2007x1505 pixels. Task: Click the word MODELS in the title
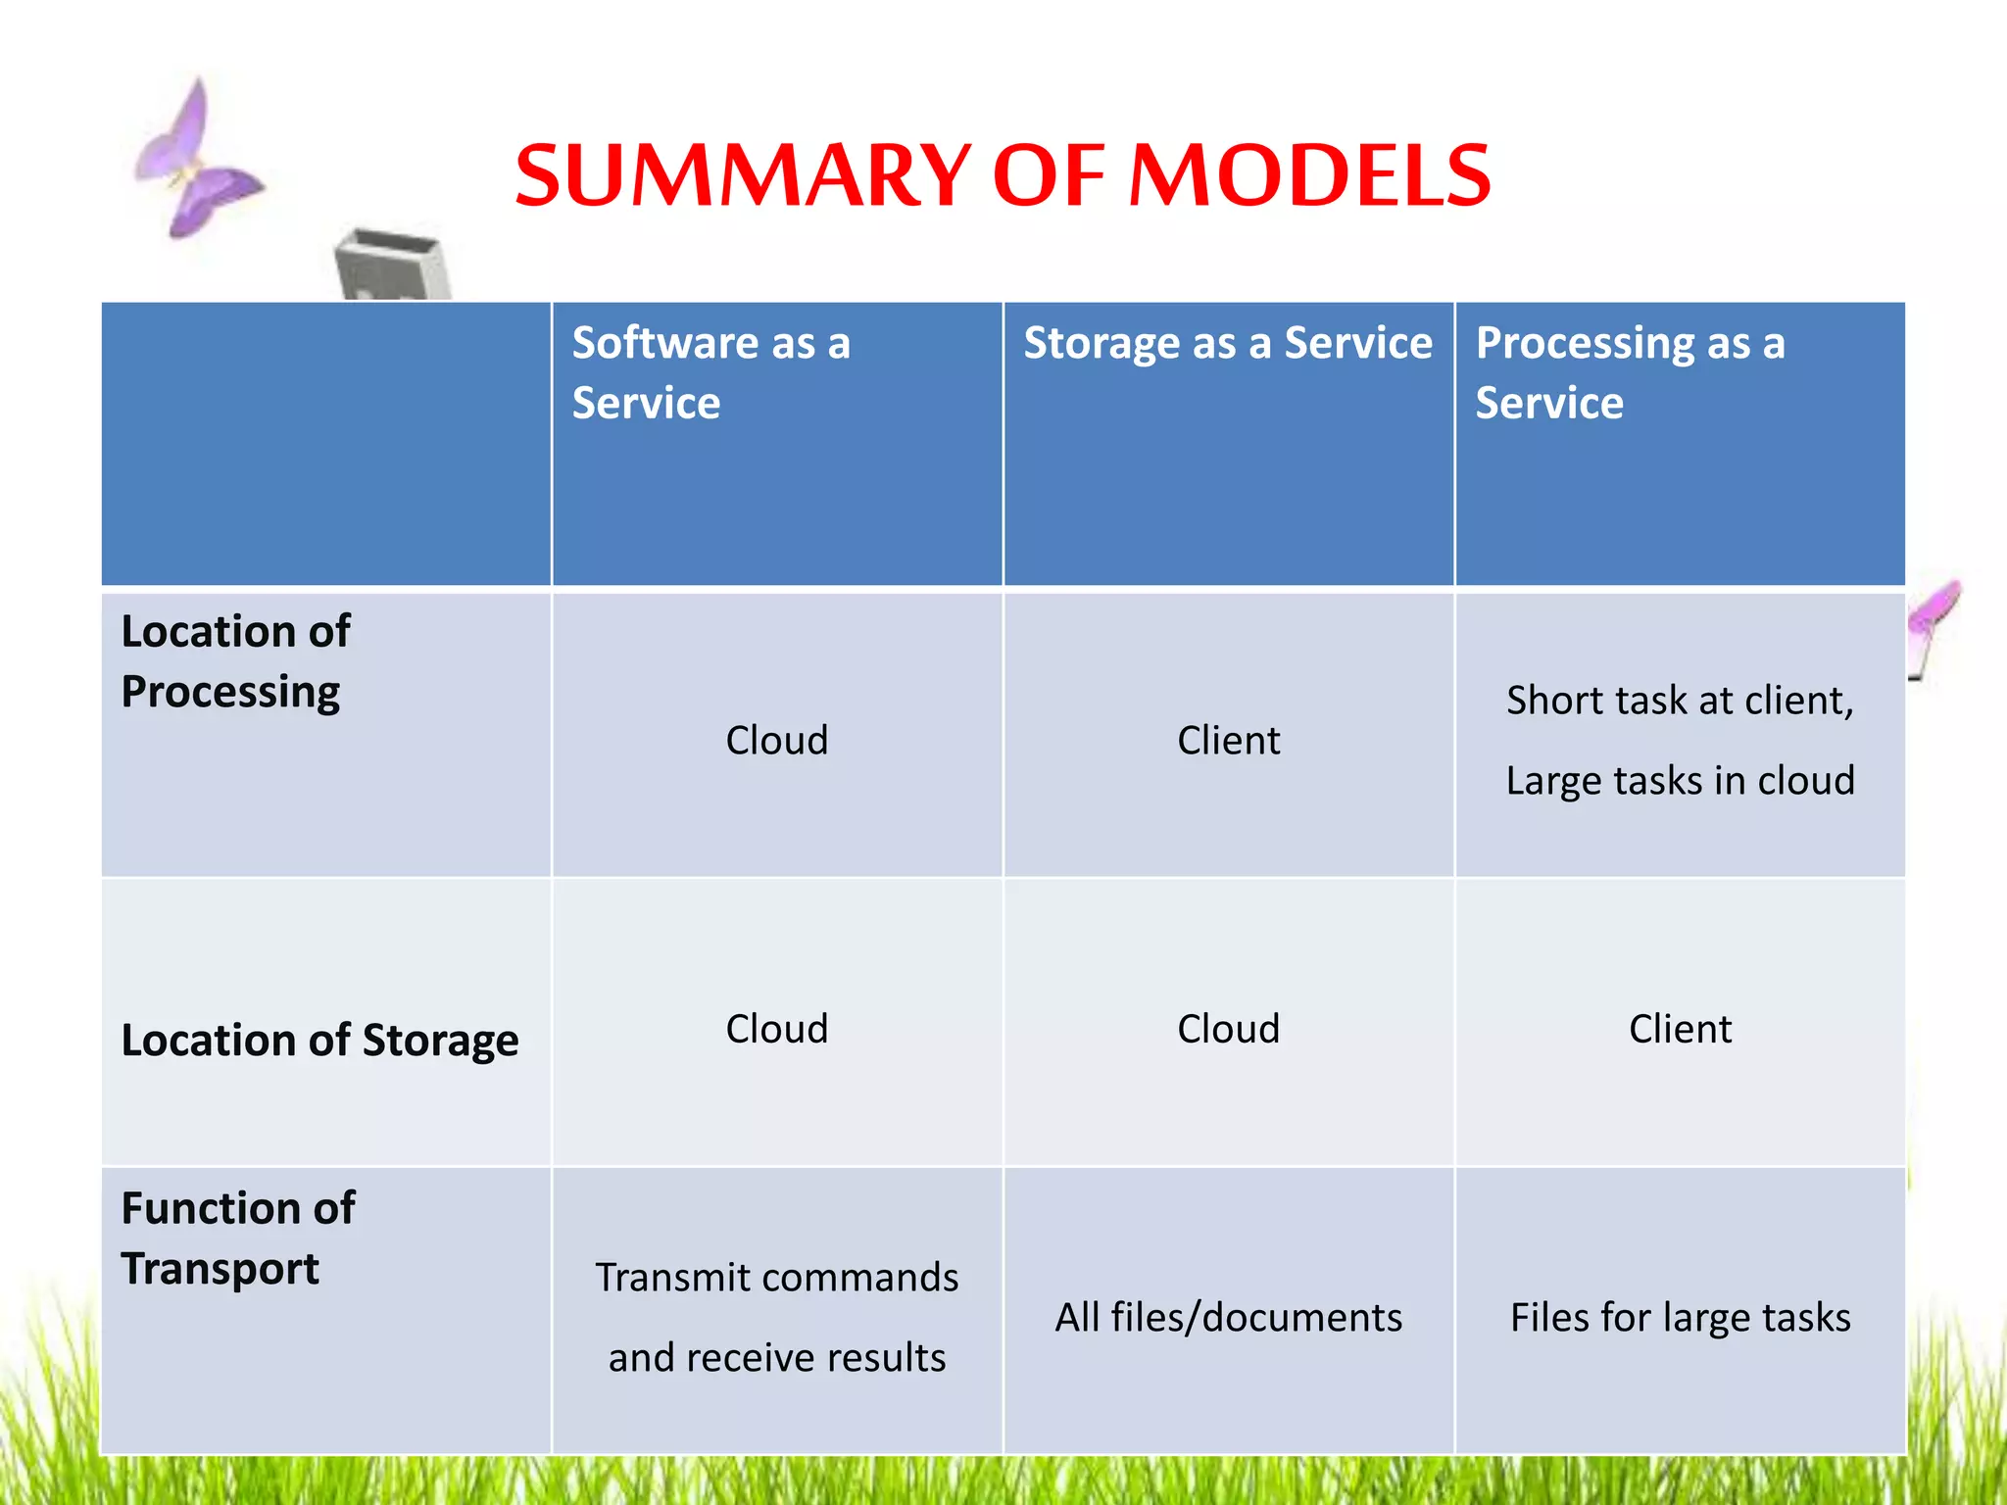(x=1310, y=176)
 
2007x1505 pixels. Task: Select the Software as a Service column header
(x=711, y=372)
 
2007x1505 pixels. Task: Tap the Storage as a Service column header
(x=1227, y=343)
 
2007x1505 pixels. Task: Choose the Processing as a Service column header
(x=1630, y=372)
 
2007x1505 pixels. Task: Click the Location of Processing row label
(x=235, y=661)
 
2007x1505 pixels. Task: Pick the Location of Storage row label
(x=319, y=1040)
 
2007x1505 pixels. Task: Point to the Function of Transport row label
(x=237, y=1238)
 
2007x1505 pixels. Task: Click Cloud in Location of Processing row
(x=776, y=740)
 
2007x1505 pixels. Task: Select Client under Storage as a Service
(x=1228, y=740)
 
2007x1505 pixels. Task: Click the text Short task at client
(x=1680, y=700)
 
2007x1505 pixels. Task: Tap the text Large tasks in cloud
(x=1680, y=780)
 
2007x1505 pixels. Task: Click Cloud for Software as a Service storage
(x=776, y=1029)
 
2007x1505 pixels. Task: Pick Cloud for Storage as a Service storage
(x=1228, y=1029)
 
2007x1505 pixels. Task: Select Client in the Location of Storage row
(x=1680, y=1029)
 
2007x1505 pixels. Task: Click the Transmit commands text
(x=776, y=1278)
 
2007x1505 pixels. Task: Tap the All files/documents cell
(x=1228, y=1317)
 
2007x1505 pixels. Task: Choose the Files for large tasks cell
(x=1680, y=1317)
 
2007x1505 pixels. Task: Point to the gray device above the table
(x=392, y=265)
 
